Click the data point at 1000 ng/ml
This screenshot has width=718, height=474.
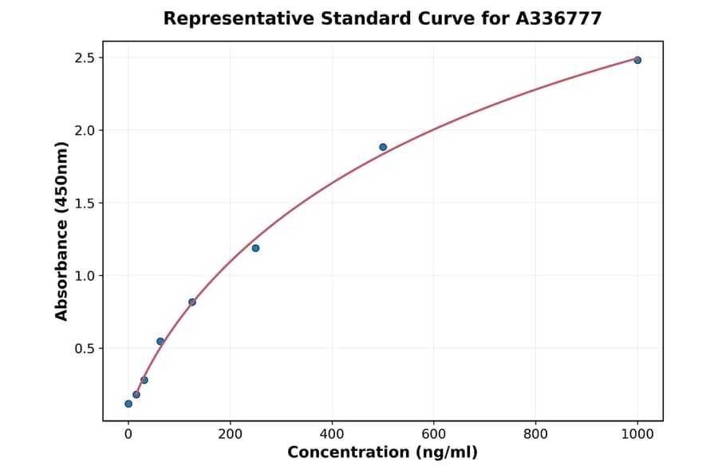[637, 60]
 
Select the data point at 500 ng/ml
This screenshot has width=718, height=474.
[383, 147]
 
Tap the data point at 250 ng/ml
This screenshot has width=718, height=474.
[255, 248]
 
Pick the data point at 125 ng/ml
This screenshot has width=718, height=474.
[192, 302]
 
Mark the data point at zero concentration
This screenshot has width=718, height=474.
[128, 404]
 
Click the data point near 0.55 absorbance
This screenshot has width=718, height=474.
[160, 342]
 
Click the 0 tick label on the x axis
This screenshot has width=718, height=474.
[128, 433]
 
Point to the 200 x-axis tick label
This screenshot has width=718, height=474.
[231, 433]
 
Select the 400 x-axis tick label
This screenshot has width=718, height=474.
[332, 433]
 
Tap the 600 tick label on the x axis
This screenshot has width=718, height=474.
[434, 433]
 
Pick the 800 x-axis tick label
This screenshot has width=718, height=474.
[536, 433]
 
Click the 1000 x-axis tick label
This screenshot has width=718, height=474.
[637, 433]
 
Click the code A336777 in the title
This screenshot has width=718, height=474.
[558, 18]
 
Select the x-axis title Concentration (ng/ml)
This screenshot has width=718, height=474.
[383, 453]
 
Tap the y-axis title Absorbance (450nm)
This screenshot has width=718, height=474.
[62, 231]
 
